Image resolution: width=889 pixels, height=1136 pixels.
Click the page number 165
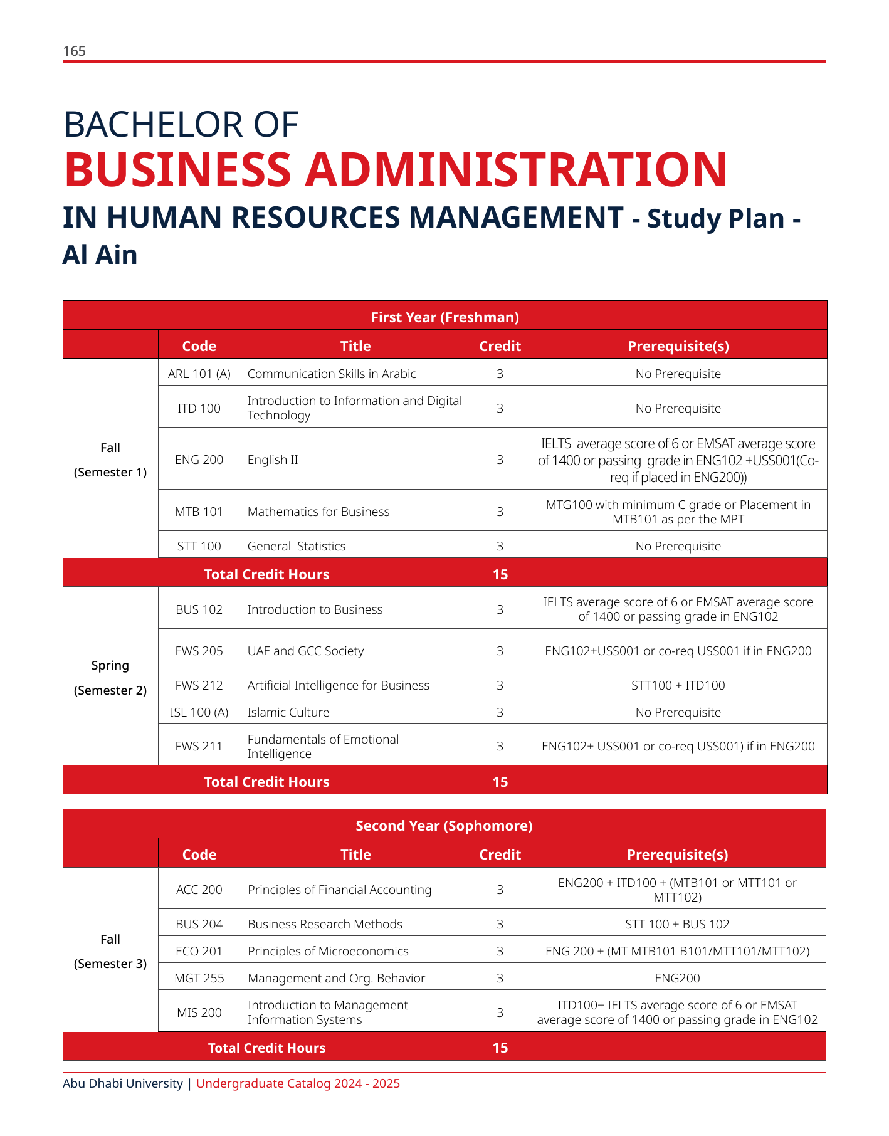click(x=74, y=51)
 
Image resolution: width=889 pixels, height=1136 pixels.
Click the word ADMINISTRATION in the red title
click(x=515, y=170)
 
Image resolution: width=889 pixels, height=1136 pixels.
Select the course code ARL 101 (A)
click(x=199, y=374)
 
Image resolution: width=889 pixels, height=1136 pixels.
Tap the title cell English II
click(x=273, y=460)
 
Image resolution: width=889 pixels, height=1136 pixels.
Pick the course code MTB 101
click(x=199, y=512)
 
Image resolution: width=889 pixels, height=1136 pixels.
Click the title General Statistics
click(x=297, y=546)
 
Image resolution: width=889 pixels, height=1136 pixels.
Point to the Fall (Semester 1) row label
click(x=110, y=460)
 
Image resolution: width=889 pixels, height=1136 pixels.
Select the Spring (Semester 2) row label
click(x=110, y=678)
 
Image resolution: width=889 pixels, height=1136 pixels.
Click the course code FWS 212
click(x=199, y=685)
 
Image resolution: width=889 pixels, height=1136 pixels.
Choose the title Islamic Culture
click(x=288, y=712)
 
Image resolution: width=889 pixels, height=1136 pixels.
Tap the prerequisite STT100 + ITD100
click(x=678, y=685)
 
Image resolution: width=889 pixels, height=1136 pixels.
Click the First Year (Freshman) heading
click(x=444, y=317)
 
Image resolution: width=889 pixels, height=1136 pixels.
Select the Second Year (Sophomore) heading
click(x=444, y=826)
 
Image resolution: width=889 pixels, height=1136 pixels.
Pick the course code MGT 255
click(x=199, y=978)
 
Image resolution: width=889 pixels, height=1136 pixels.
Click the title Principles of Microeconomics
click(x=328, y=951)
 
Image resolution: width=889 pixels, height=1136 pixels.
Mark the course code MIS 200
click(x=199, y=1012)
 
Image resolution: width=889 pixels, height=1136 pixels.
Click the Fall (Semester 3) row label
click(x=110, y=951)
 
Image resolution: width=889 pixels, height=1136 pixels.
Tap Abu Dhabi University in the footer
click(x=123, y=1083)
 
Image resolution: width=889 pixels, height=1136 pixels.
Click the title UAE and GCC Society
click(x=305, y=651)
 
